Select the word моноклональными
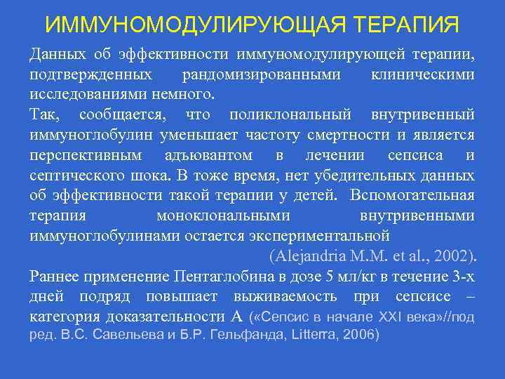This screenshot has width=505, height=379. (222, 215)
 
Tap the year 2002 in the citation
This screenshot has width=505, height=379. (455, 254)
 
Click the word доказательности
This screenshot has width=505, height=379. (161, 317)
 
